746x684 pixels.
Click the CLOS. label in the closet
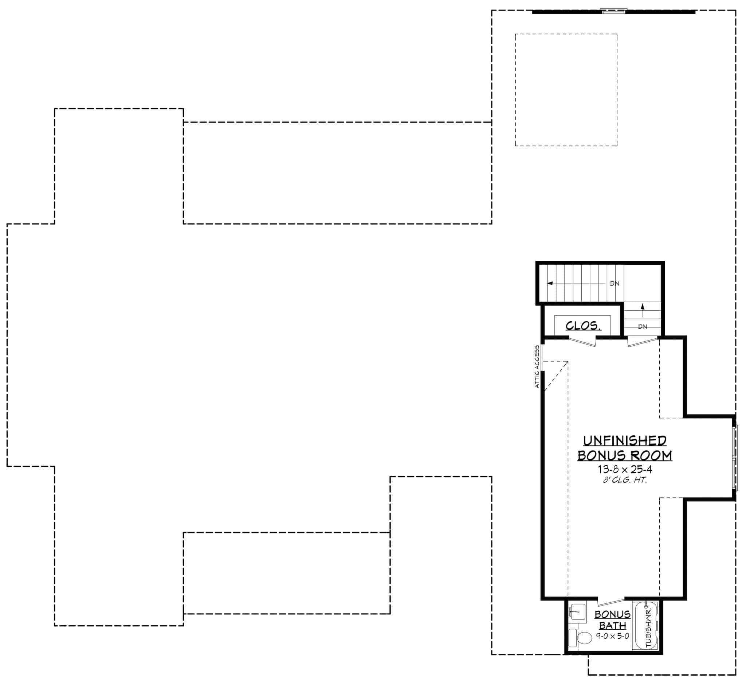[x=583, y=326]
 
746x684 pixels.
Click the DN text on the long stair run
[x=614, y=284]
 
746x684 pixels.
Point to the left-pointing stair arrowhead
[x=550, y=283]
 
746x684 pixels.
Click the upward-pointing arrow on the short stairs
[x=643, y=307]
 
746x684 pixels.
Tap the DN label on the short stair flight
[x=643, y=327]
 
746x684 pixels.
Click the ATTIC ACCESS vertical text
[x=537, y=367]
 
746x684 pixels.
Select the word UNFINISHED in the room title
[x=625, y=441]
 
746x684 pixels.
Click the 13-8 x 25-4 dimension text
[x=625, y=470]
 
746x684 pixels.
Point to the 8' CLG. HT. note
[x=625, y=480]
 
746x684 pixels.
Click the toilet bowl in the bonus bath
[x=585, y=638]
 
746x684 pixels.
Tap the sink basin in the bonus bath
[x=577, y=612]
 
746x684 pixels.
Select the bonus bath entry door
[x=611, y=602]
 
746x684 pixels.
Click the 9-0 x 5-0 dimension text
[x=612, y=636]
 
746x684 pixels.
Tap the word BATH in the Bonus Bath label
[x=612, y=626]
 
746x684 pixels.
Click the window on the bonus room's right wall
[x=735, y=458]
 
